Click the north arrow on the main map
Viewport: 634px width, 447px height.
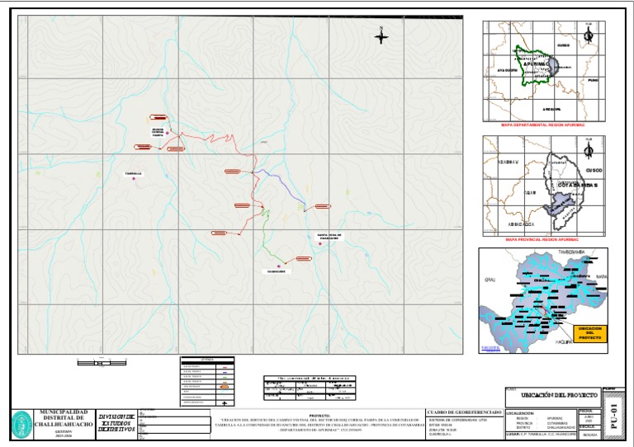(381, 36)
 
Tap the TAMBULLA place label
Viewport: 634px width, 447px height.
(133, 173)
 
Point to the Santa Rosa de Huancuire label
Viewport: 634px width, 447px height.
(329, 237)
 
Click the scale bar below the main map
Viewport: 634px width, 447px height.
(102, 361)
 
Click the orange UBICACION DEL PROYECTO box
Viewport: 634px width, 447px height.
(589, 333)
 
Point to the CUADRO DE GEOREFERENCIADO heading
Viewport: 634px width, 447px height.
(462, 412)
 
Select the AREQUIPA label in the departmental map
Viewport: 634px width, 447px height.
(551, 109)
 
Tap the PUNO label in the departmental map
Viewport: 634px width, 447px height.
(592, 80)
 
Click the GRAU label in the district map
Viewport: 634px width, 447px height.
(489, 280)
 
